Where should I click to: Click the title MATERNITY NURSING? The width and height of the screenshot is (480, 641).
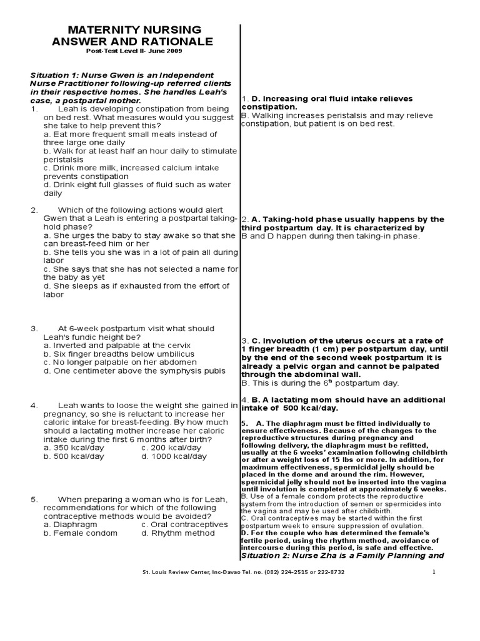[x=134, y=30]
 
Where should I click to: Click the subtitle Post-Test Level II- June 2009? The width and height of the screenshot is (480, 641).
[x=134, y=51]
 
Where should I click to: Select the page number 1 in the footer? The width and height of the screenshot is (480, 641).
[x=432, y=572]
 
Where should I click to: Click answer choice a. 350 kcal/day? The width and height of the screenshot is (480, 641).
[x=70, y=448]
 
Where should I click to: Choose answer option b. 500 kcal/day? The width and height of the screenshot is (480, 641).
[x=70, y=457]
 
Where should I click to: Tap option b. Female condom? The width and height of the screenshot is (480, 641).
[x=80, y=533]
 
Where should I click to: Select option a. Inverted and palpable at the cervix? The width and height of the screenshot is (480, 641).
[x=117, y=345]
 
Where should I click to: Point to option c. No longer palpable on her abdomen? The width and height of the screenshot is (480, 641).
[x=119, y=362]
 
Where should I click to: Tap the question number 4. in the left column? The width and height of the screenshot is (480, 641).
[x=34, y=406]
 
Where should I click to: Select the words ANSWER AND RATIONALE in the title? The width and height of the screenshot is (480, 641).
[x=134, y=42]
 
